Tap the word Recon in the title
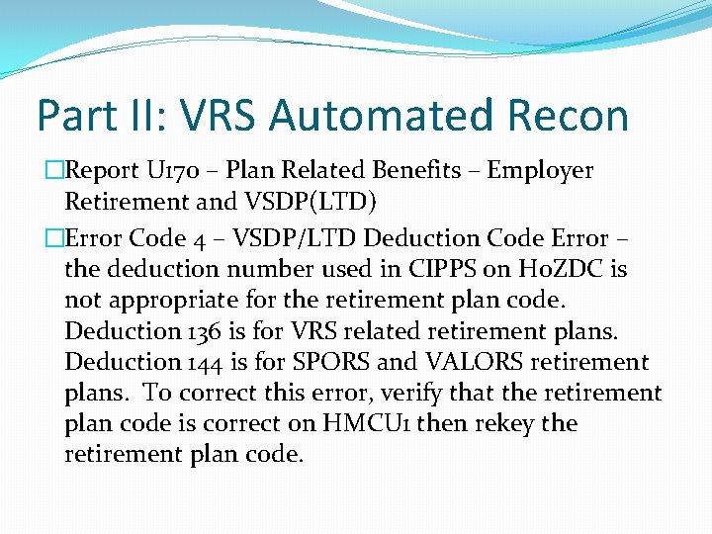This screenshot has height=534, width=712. pyautogui.click(x=574, y=116)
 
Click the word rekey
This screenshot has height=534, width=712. pyautogui.click(x=511, y=423)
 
